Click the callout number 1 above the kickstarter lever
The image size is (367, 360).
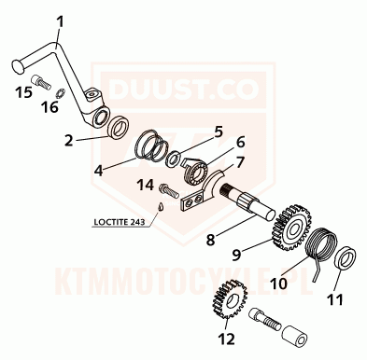tap(60, 22)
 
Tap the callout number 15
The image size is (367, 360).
tap(24, 92)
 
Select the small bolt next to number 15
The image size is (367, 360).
tap(41, 82)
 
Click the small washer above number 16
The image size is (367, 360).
tap(60, 93)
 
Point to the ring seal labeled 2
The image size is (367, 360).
tap(118, 128)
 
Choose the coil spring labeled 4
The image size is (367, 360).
tap(152, 146)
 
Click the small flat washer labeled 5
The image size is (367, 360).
tap(172, 159)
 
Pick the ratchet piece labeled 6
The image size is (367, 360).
tap(196, 172)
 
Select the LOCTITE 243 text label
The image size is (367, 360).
tap(120, 222)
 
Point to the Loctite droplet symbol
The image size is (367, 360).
tap(161, 207)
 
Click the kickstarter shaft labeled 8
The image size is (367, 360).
tap(247, 201)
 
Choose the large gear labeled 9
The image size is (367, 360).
tap(291, 228)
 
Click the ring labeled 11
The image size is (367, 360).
tap(346, 257)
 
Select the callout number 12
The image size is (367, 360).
tap(226, 339)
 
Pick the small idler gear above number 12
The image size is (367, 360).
tap(230, 299)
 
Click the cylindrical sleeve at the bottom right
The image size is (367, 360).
tap(294, 336)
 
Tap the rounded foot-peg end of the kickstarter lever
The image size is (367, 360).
tap(18, 67)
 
